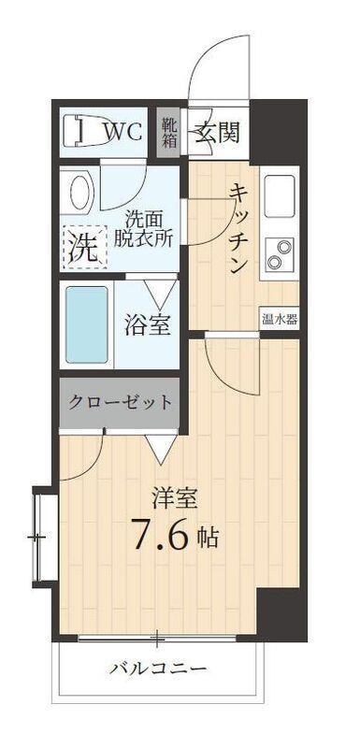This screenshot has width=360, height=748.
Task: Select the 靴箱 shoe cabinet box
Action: click(x=169, y=133)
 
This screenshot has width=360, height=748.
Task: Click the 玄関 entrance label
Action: click(x=217, y=132)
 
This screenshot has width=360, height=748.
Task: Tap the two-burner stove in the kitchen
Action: click(x=279, y=251)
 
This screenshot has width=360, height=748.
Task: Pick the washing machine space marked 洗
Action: click(x=81, y=248)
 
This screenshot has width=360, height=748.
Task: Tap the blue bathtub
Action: click(x=86, y=322)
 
